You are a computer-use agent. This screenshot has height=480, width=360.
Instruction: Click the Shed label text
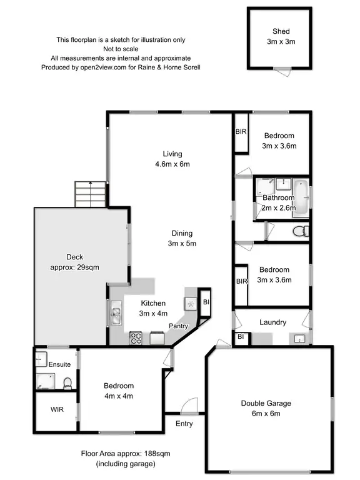pos(281,31)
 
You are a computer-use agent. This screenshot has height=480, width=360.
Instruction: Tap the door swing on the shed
pos(284,71)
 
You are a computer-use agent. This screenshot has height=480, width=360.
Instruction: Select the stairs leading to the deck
pos(91,194)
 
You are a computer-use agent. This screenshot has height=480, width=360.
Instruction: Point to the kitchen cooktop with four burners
pos(137,338)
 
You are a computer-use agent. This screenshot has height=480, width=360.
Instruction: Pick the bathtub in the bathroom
pos(301,196)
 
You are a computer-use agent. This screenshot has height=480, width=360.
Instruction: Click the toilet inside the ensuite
pos(67,381)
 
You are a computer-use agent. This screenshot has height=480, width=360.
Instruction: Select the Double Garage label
pos(266,403)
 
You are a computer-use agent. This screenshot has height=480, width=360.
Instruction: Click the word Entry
pos(184,424)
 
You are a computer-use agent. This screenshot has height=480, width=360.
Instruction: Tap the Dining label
pos(182,233)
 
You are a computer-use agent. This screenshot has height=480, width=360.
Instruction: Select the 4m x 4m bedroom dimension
pos(118,396)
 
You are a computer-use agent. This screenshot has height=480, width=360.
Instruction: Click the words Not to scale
pos(121,49)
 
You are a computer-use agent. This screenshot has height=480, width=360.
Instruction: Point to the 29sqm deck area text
pos(74,267)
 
